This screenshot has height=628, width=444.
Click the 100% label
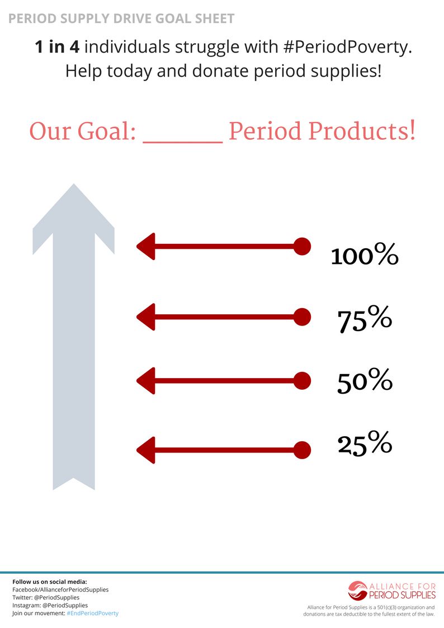point(365,256)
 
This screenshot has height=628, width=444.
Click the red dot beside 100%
point(302,246)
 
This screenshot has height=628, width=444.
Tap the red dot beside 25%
point(302,450)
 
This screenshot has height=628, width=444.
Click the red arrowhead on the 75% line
point(146,317)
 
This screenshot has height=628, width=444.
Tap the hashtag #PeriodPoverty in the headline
point(347,47)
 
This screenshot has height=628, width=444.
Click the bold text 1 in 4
point(57,47)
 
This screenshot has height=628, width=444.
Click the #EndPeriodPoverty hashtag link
point(92,613)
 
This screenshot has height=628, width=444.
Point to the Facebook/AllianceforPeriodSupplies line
point(60,589)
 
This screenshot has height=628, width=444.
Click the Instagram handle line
point(50,605)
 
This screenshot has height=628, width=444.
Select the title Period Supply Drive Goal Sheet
point(121,18)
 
